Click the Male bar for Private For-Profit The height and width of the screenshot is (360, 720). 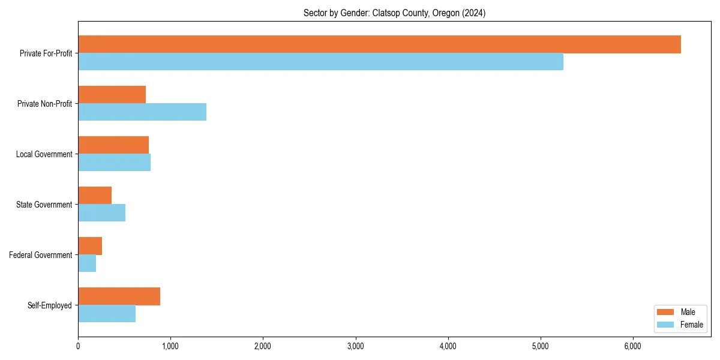pyautogui.click(x=379, y=44)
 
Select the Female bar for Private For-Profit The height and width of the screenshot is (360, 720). pyautogui.click(x=320, y=62)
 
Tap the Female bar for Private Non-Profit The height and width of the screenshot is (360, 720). pyautogui.click(x=142, y=112)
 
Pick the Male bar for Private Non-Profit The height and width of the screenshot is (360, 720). pyautogui.click(x=112, y=95)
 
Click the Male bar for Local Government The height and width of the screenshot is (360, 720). pyautogui.click(x=113, y=145)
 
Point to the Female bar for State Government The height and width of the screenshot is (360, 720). pyautogui.click(x=101, y=213)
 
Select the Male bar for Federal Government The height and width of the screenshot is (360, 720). pyautogui.click(x=90, y=246)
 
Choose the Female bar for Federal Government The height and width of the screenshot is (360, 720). pyautogui.click(x=87, y=263)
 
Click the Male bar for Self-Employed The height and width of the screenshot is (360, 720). pyautogui.click(x=119, y=296)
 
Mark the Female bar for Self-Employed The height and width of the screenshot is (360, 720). pyautogui.click(x=107, y=314)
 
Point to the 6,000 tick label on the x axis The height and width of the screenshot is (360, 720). pyautogui.click(x=633, y=346)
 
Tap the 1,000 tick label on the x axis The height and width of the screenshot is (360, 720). pyautogui.click(x=170, y=346)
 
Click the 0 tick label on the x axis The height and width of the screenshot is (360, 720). pyautogui.click(x=78, y=346)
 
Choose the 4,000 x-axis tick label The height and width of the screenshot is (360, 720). pyautogui.click(x=448, y=346)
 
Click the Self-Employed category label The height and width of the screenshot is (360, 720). pyautogui.click(x=50, y=305)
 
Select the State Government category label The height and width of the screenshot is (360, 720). pyautogui.click(x=44, y=205)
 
